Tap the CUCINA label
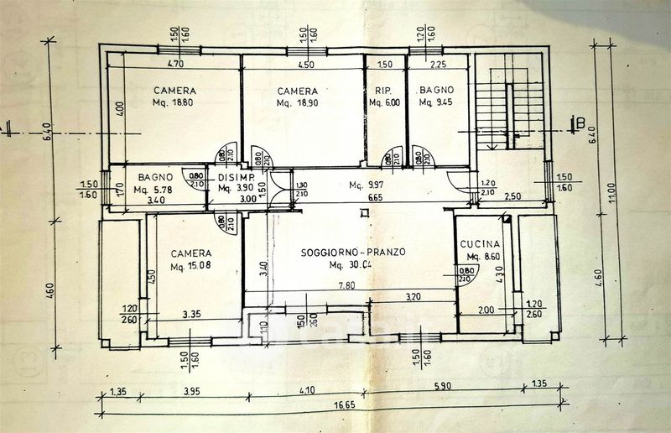pos(481,244)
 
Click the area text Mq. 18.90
pos(297,103)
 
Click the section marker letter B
pos(580,124)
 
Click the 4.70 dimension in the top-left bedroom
pos(175,64)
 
